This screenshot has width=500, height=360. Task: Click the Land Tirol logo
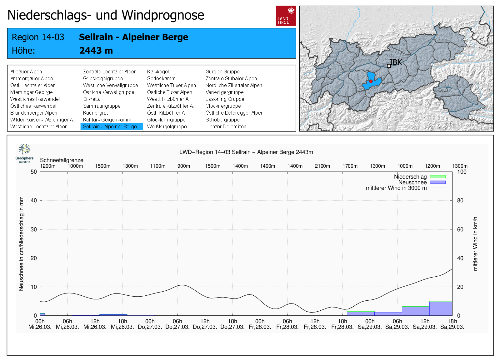[286, 16]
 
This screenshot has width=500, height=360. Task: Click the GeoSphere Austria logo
[24, 153]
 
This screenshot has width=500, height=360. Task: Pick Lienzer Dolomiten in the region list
[226, 126]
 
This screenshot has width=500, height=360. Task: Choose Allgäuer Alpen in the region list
[26, 72]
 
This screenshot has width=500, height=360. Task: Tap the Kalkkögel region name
[158, 72]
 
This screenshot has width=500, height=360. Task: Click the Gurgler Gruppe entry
[222, 72]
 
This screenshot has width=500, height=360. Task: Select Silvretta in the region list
[92, 99]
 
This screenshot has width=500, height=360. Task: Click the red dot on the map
[371, 81]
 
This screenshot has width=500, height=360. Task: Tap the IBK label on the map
[396, 62]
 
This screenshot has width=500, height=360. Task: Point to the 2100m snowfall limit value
[322, 166]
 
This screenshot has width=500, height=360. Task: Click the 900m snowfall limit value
[184, 166]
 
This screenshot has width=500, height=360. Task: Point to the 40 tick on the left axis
[34, 200]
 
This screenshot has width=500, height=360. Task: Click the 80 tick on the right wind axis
[460, 200]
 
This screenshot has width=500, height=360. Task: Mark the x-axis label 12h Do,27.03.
[205, 324]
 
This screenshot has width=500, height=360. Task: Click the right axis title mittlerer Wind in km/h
[475, 244]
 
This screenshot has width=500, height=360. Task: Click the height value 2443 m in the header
[96, 51]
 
